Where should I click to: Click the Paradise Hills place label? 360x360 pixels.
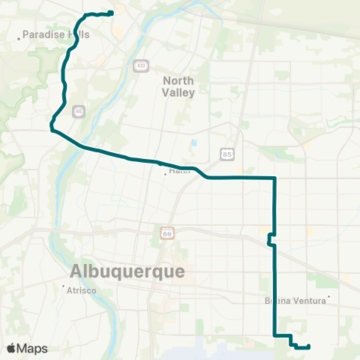coord(56,34)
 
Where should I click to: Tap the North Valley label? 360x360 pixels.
coord(178,87)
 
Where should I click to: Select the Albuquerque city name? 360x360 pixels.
coord(127,271)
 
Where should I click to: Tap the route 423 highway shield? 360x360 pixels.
coord(141,65)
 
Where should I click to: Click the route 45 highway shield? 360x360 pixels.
coord(79,111)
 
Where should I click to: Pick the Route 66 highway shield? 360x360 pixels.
coord(166,234)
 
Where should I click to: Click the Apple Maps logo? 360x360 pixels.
coord(28,349)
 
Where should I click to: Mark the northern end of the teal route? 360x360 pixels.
coord(111,12)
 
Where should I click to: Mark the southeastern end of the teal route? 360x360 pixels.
coord(309,346)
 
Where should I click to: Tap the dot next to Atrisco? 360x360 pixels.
coord(64,286)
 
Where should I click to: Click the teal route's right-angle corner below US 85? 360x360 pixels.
coord(275,178)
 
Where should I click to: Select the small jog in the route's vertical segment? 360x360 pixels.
coord(271,239)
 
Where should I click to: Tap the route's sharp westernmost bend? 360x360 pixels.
coord(51,128)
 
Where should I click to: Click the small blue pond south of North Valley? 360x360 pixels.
coord(193,142)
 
